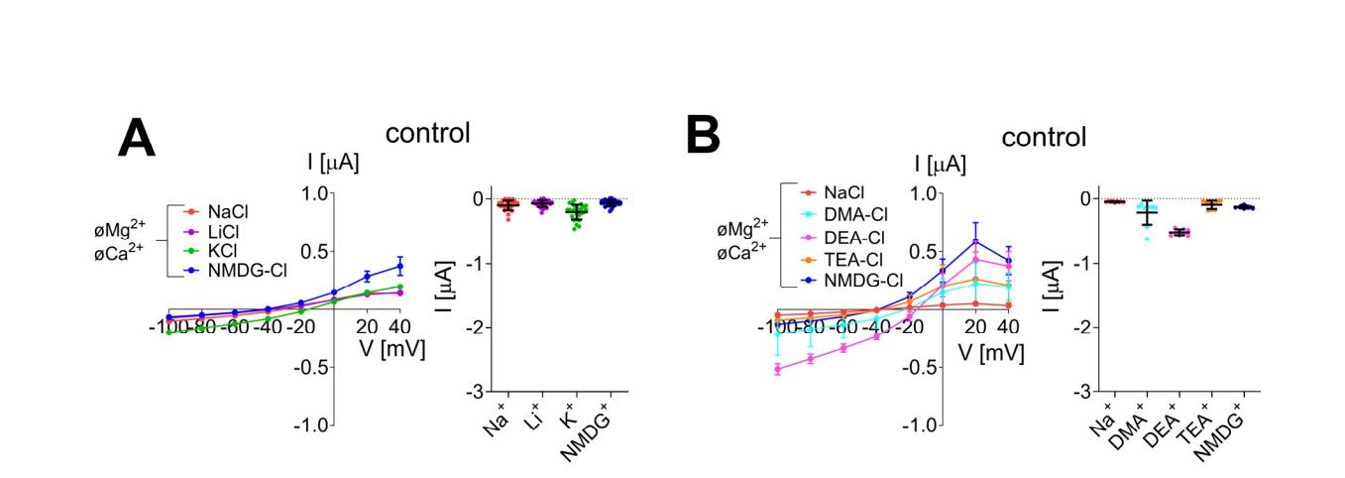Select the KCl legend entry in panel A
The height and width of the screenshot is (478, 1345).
(221, 250)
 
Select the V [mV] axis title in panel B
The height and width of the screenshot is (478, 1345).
(991, 352)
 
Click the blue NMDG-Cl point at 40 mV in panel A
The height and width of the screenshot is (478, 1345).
(399, 266)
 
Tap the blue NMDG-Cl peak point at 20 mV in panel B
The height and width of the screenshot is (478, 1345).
(976, 241)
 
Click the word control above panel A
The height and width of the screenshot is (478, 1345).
(427, 133)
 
